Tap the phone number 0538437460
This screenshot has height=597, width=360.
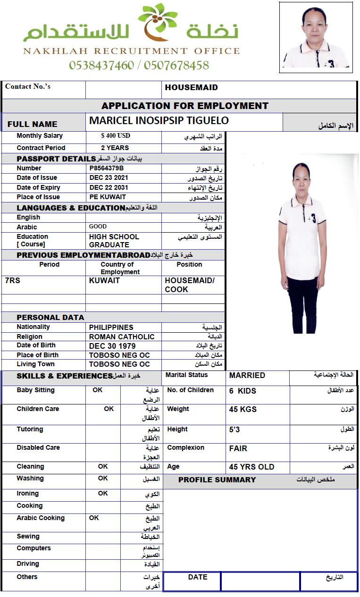(x=101, y=65)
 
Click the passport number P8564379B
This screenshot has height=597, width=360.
(x=107, y=168)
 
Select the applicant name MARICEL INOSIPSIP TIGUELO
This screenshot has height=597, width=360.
(x=159, y=121)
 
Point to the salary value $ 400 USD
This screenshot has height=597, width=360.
(x=116, y=136)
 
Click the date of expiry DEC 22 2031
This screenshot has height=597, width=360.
(x=109, y=187)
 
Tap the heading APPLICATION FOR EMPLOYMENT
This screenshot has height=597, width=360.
(x=185, y=106)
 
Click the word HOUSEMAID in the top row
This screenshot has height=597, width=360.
(x=191, y=88)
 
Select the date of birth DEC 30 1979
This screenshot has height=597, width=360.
(x=112, y=346)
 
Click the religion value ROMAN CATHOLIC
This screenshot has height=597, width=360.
(x=122, y=337)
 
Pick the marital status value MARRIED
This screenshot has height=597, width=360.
(x=247, y=376)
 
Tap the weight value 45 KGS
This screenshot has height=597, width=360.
(x=243, y=409)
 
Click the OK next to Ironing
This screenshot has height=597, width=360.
(x=103, y=493)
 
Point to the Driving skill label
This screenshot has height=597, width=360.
(x=28, y=564)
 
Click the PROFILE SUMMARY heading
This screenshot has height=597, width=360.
(x=217, y=480)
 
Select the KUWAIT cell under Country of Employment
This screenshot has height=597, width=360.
(x=104, y=281)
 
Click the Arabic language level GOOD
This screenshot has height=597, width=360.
(x=98, y=227)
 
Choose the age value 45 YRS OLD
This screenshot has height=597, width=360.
(x=251, y=467)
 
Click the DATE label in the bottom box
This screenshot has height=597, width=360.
(x=198, y=577)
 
